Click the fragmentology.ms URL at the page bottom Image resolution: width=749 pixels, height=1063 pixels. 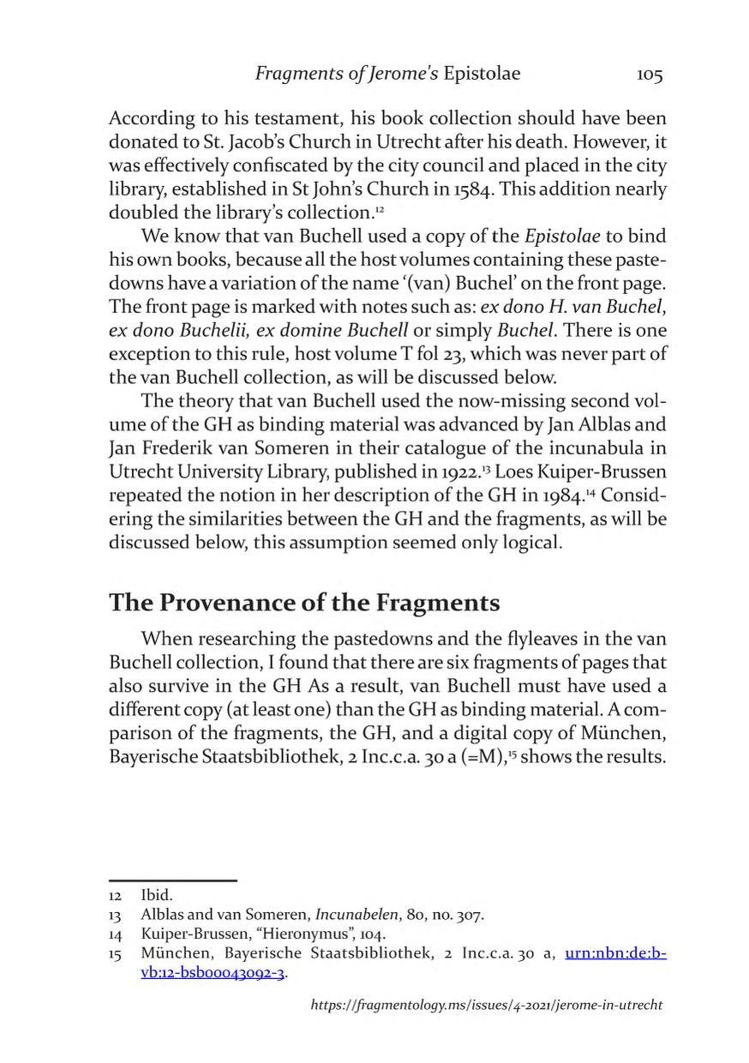point(486,1004)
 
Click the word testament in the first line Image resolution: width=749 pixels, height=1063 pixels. point(267,120)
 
